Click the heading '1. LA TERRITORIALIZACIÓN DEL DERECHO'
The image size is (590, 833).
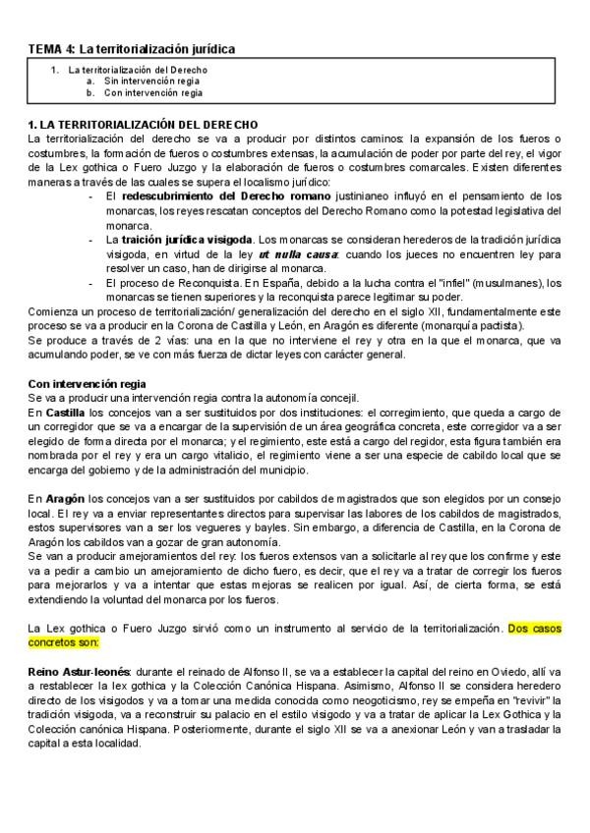pos(143,125)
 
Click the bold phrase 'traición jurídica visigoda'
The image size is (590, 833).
pos(185,240)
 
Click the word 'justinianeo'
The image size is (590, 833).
pos(335,195)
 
